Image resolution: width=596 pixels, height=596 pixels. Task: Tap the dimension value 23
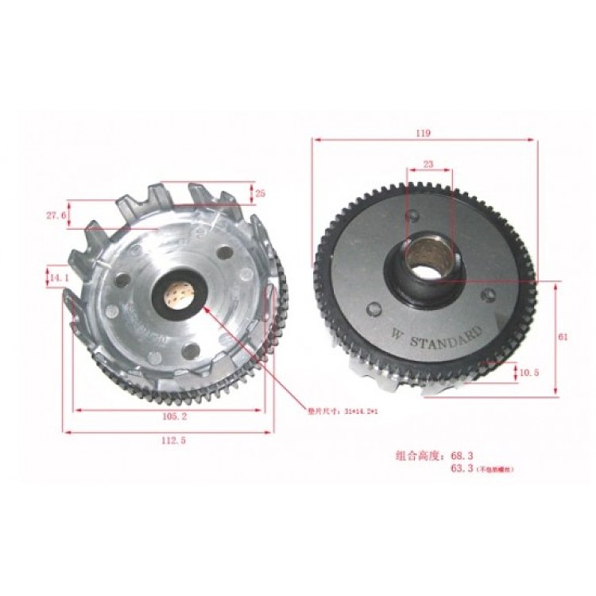pos(428,164)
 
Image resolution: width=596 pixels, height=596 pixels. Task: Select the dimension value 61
pos(563,337)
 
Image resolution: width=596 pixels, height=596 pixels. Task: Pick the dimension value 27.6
pos(54,215)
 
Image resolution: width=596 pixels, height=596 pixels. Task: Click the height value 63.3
pos(461,470)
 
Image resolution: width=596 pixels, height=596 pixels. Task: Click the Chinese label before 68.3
pos(420,456)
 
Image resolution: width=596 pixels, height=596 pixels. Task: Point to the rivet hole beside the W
pos(374,312)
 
